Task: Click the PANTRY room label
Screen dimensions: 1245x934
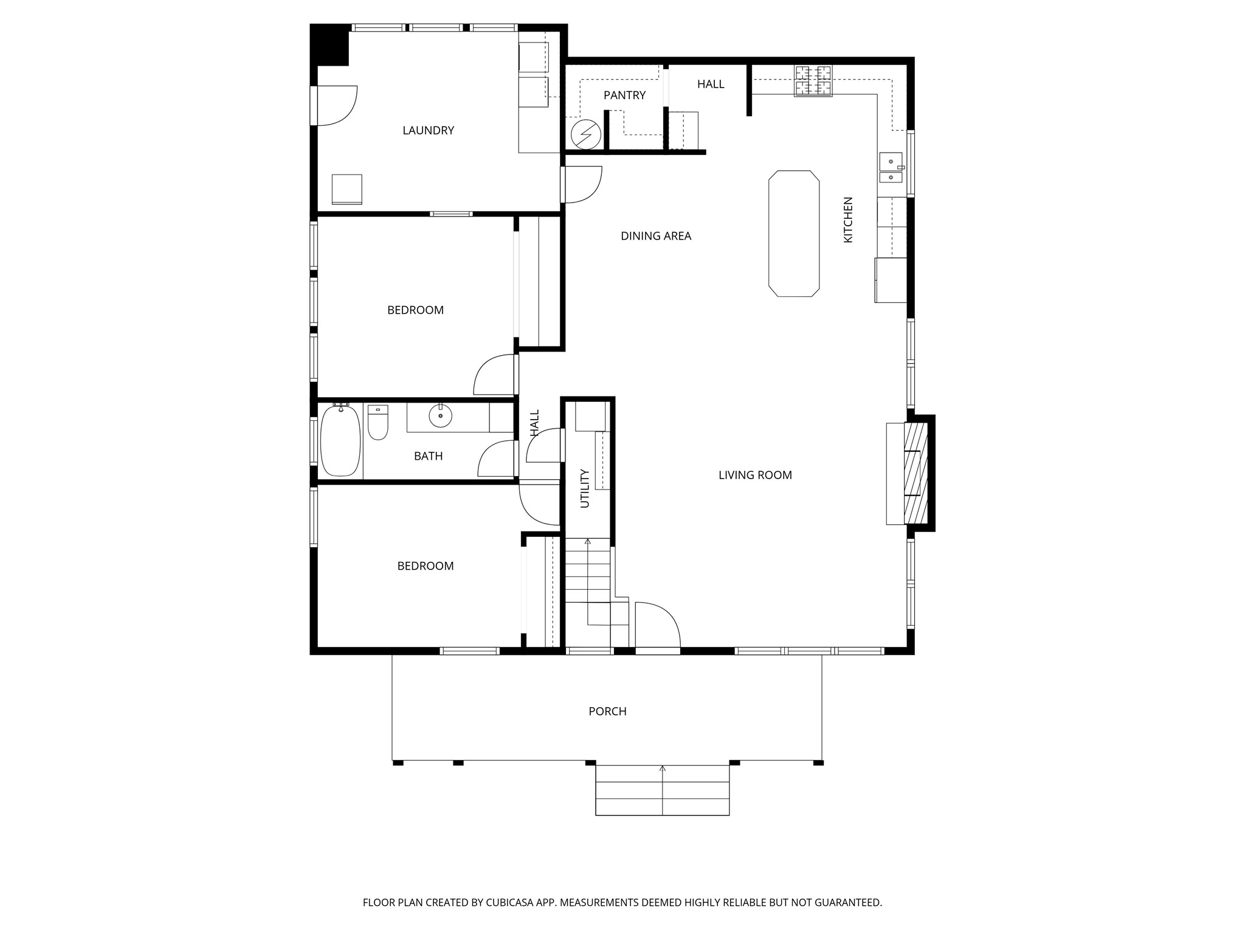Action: pyautogui.click(x=624, y=95)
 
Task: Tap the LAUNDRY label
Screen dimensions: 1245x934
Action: pyautogui.click(x=428, y=130)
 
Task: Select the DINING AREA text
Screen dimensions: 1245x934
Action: pyautogui.click(x=656, y=236)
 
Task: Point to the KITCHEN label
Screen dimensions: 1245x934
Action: pyautogui.click(x=848, y=220)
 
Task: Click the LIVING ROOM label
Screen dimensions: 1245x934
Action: pyautogui.click(x=755, y=475)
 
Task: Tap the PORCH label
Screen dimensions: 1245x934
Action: pyautogui.click(x=607, y=711)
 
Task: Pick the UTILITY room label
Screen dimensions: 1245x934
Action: pyautogui.click(x=585, y=488)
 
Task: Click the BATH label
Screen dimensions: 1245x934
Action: pyautogui.click(x=428, y=456)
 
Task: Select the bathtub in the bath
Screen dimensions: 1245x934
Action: pyautogui.click(x=340, y=440)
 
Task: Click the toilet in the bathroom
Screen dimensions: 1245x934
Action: pyautogui.click(x=378, y=422)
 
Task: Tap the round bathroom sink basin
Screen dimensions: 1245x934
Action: pyautogui.click(x=440, y=416)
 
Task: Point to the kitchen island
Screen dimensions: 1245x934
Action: pyautogui.click(x=794, y=233)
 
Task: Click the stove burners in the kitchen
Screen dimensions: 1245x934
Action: pyautogui.click(x=813, y=81)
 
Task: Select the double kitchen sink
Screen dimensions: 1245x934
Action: pyautogui.click(x=891, y=168)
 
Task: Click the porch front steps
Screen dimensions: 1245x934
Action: pyautogui.click(x=662, y=789)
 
